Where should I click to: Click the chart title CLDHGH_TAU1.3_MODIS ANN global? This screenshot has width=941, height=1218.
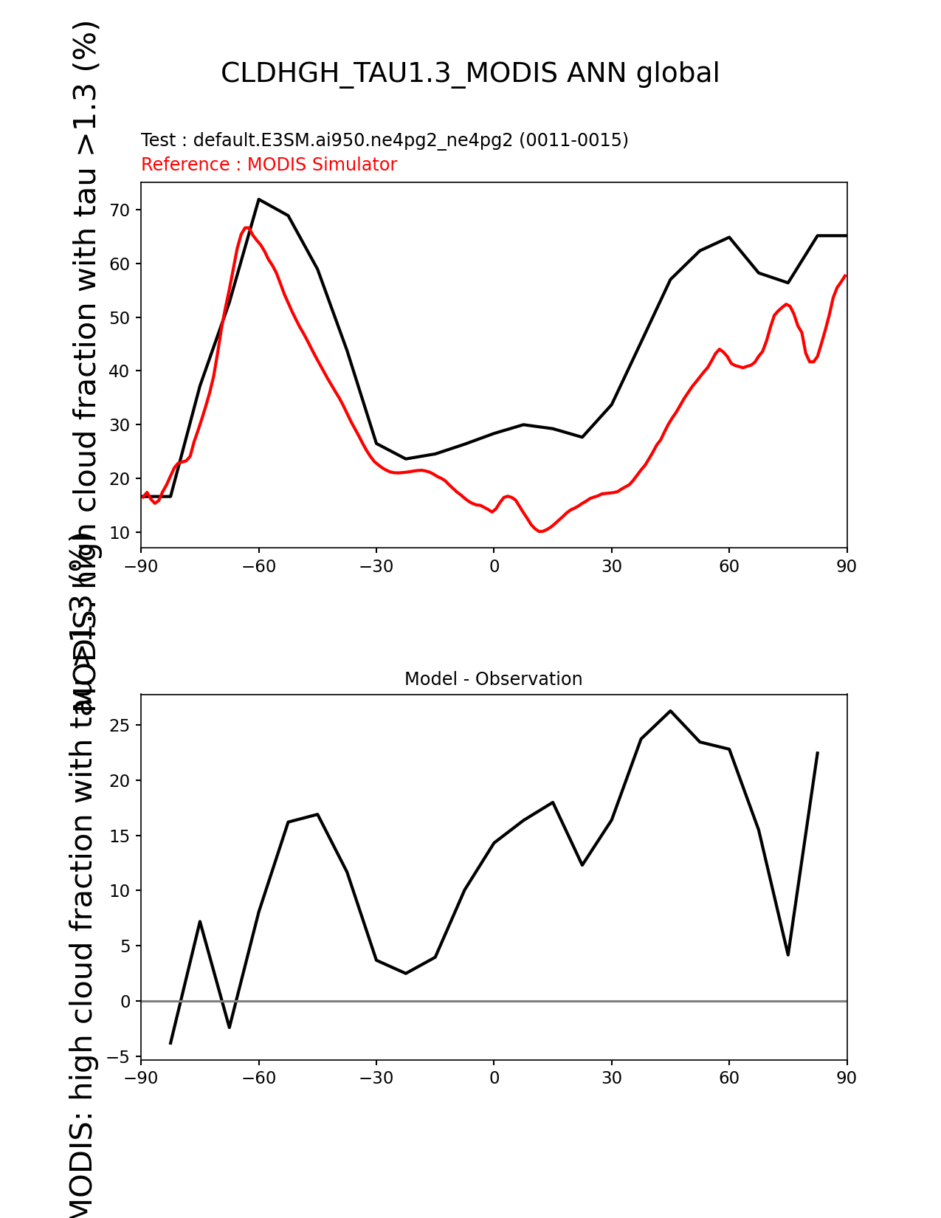point(470,73)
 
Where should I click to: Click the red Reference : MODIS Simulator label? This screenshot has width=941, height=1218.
point(269,165)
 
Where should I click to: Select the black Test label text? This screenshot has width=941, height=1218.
point(385,140)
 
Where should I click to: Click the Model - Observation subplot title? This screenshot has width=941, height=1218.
point(493,679)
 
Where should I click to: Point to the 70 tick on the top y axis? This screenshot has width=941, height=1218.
point(120,210)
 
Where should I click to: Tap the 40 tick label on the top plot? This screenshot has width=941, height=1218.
point(120,371)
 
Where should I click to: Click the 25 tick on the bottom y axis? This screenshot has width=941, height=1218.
point(120,726)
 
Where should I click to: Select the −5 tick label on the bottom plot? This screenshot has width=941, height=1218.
point(118,1057)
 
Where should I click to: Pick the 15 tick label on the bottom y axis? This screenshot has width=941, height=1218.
point(120,836)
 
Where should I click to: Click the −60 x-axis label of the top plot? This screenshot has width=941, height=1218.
point(258,567)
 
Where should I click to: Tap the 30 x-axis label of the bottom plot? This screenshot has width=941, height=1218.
point(611,1078)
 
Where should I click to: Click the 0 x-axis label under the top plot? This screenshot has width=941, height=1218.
point(494,567)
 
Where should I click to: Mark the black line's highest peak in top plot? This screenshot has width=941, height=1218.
point(259,199)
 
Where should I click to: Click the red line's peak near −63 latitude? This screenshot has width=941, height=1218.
point(247,227)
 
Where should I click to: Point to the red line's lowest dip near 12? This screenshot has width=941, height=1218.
point(541,531)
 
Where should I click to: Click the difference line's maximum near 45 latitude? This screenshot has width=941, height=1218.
point(670,711)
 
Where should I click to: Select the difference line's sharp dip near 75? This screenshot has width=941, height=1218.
point(788,955)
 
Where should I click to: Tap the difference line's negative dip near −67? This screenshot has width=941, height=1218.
point(230,1028)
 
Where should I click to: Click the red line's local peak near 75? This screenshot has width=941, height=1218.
point(787,304)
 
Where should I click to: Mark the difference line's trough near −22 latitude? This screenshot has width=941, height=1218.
point(406,974)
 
